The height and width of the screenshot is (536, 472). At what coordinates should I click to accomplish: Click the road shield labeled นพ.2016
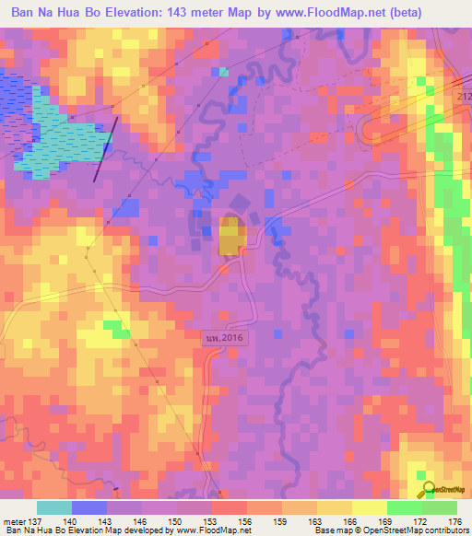click(225, 339)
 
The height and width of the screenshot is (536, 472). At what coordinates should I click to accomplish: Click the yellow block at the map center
click(230, 236)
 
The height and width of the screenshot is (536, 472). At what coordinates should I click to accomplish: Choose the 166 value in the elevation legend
click(351, 520)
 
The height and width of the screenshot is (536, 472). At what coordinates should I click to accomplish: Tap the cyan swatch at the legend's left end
click(54, 507)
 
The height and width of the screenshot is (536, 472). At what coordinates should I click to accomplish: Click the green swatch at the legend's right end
click(439, 507)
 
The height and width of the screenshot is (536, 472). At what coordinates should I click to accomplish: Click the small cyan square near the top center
click(224, 71)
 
